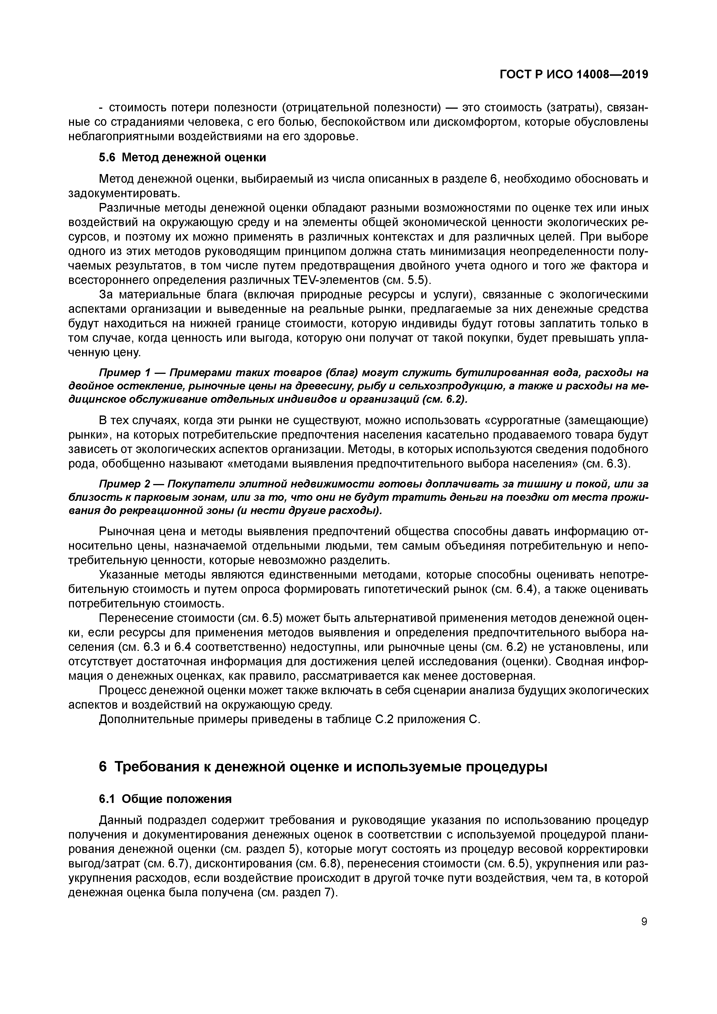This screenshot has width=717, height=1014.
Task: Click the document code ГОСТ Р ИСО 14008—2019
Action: tap(574, 75)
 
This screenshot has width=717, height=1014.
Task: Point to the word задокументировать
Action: tap(124, 193)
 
